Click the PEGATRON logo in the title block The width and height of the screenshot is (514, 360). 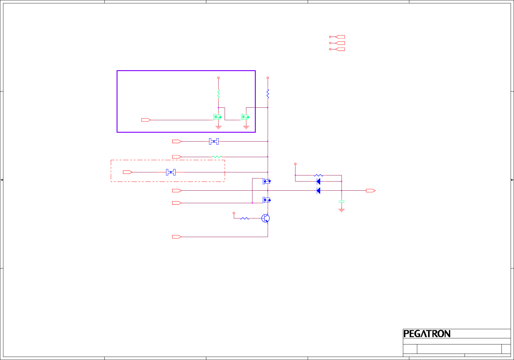427,334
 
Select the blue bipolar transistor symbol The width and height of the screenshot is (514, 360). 266,218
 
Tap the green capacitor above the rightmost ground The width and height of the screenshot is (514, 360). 342,202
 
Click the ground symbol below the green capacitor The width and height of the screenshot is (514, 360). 342,210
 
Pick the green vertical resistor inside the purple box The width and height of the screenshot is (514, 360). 219,94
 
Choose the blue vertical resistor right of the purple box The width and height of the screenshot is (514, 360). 268,94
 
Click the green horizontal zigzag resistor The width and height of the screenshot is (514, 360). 217,157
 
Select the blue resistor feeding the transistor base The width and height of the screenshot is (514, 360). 244,218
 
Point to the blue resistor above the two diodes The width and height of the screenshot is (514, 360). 318,175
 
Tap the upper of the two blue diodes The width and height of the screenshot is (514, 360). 318,182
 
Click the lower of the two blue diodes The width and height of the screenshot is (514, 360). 318,191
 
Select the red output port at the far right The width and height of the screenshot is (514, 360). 371,191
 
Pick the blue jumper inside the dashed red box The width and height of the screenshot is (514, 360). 171,172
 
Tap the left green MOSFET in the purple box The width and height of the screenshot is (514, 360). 217,117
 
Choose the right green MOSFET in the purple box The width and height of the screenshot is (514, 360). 245,117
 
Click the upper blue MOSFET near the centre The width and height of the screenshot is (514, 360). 267,181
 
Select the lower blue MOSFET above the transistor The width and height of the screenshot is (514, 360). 267,200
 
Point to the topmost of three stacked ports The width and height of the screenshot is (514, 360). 340,37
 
